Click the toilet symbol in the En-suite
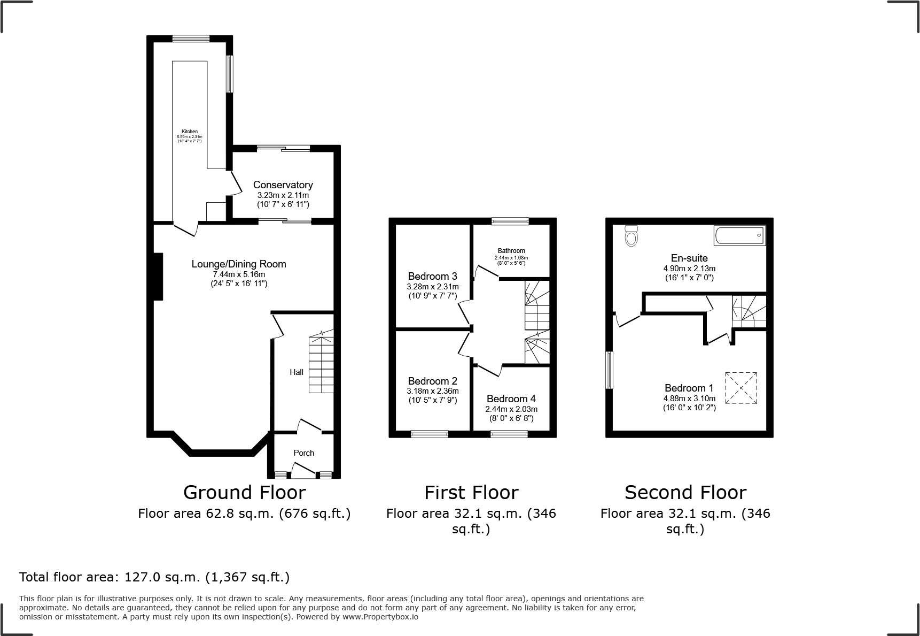(x=631, y=235)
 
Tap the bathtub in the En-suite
(x=739, y=235)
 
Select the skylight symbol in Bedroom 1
(x=741, y=388)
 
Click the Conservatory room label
(x=283, y=185)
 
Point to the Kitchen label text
(x=190, y=132)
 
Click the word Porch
(x=304, y=453)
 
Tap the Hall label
(x=297, y=372)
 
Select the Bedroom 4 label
(x=511, y=399)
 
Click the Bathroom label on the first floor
(x=511, y=251)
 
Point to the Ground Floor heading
(x=244, y=492)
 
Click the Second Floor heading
(x=685, y=492)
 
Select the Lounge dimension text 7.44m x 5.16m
(x=239, y=274)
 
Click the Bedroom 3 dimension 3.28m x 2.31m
(x=432, y=287)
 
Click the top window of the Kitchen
(x=191, y=39)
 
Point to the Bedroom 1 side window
(x=609, y=370)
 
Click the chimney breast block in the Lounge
(x=158, y=276)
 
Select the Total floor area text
(x=154, y=577)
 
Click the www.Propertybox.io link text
(x=380, y=617)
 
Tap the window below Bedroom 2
(x=430, y=434)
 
